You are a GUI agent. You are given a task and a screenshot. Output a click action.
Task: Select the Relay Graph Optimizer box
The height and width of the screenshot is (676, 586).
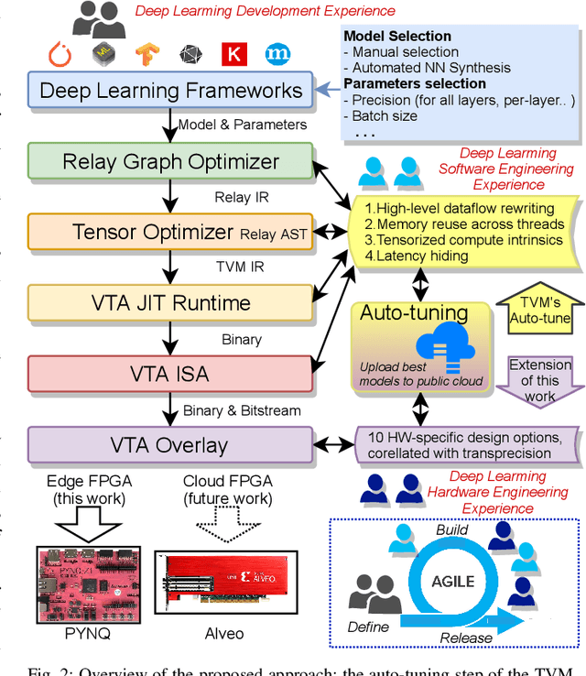170,162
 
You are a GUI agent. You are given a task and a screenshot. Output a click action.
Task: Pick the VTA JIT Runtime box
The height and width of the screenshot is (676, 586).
170,303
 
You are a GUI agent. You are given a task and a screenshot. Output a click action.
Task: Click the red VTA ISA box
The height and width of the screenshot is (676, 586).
170,374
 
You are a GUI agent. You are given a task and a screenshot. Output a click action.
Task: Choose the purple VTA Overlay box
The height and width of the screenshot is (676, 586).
170,445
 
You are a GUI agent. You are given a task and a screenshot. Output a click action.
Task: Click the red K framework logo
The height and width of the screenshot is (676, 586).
234,53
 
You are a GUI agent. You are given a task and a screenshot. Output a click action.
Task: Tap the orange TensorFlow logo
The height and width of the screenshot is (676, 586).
147,53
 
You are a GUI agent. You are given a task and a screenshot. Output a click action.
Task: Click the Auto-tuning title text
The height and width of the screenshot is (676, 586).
414,312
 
